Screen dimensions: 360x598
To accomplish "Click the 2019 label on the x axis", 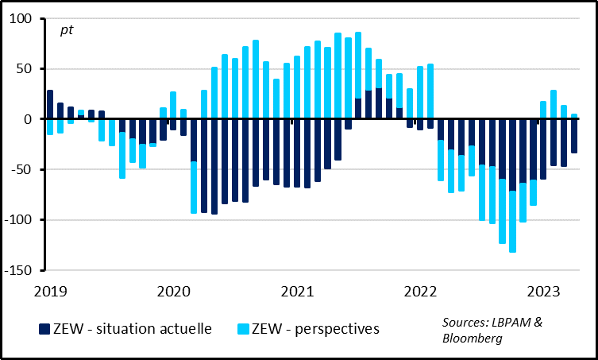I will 49,291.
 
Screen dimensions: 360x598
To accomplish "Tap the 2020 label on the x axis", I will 173,291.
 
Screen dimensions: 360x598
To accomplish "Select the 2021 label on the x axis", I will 297,291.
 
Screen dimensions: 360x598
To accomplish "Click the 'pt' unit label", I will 67,31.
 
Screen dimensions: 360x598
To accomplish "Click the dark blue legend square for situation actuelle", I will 44,329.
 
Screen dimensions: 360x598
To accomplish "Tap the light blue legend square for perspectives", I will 243,329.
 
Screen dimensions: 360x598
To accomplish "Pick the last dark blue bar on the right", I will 574,136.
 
